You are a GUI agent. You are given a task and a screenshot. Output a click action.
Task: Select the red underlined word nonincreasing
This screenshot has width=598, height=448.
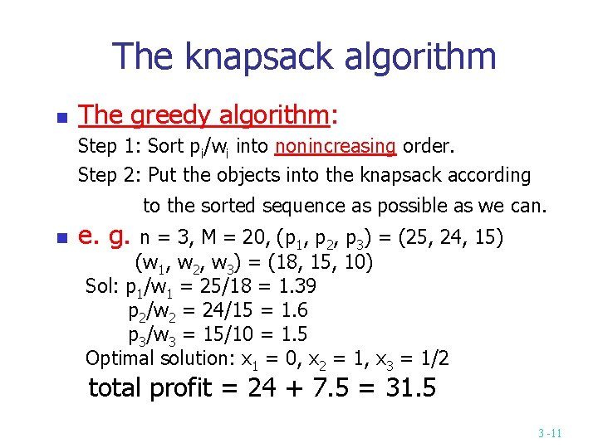pos(336,147)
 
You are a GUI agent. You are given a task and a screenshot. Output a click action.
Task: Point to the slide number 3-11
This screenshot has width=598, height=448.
pos(550,433)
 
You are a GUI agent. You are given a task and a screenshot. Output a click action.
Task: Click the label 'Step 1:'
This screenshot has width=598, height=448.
pos(109,147)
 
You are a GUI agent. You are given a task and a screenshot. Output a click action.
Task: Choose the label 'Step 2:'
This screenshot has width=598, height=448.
pos(109,175)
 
